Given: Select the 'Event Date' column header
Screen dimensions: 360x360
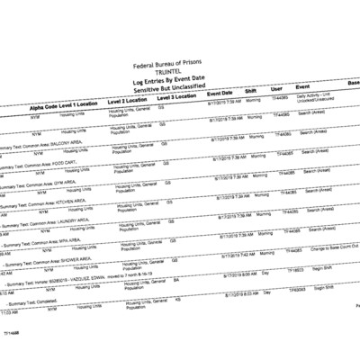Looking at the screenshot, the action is tap(221, 94).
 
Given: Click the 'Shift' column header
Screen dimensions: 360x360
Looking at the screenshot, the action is tap(255, 91).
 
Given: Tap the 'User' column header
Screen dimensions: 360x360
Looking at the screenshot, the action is tap(277, 89).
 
